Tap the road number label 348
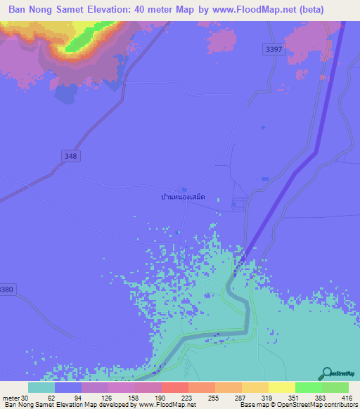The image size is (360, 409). click(x=70, y=156)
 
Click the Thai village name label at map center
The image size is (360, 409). click(x=182, y=198)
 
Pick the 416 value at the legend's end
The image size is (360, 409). click(x=347, y=397)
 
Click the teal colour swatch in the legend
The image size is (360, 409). click(x=41, y=387)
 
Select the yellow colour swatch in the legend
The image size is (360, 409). click(x=282, y=387)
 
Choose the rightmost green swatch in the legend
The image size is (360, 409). click(x=335, y=387)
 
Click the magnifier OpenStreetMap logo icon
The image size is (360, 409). click(x=326, y=374)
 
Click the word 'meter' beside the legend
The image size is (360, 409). click(x=11, y=397)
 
